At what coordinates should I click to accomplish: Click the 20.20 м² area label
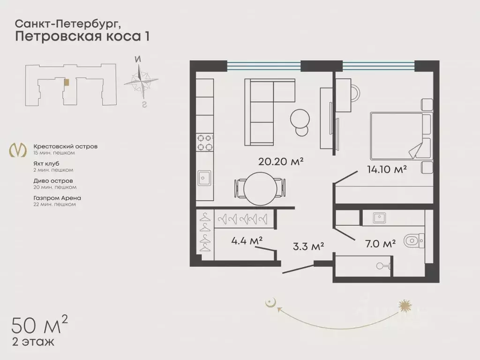click(281, 162)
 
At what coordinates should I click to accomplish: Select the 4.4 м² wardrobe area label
click(247, 240)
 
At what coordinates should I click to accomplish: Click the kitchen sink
click(204, 178)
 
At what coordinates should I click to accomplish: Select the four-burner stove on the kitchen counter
click(204, 142)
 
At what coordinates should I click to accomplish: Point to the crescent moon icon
click(270, 302)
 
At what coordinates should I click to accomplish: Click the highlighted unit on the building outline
click(67, 82)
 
